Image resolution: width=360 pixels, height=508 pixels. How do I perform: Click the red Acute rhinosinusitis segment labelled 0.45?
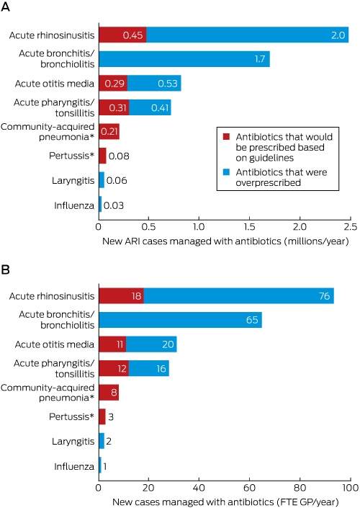(122, 35)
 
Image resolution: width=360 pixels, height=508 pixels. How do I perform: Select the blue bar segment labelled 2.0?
(248, 35)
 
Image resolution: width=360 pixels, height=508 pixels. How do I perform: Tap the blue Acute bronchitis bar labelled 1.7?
(184, 59)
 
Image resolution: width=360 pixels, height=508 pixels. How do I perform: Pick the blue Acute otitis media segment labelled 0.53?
(154, 84)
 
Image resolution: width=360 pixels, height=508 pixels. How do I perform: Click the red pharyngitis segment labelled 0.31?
(114, 107)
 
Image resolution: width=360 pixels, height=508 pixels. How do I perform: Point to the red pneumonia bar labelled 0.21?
(109, 132)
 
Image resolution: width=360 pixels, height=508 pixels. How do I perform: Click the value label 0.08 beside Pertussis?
(119, 156)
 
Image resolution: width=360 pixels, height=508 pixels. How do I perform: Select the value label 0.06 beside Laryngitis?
(117, 180)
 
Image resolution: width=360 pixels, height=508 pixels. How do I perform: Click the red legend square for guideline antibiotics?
(226, 136)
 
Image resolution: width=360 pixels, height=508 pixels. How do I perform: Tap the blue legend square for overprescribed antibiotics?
(226, 171)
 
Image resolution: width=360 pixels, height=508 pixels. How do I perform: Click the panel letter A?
(5, 6)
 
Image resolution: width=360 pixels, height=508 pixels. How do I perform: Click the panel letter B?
(5, 269)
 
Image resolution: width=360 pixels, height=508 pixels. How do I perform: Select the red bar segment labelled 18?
(122, 296)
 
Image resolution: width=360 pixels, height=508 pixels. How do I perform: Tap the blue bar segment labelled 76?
(238, 296)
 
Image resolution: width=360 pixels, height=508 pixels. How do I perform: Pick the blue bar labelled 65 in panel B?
(180, 320)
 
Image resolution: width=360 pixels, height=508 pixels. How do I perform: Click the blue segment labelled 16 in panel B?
(149, 368)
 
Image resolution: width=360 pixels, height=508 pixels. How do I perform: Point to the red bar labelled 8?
(109, 392)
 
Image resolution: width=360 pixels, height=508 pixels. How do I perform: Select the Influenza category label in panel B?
(74, 466)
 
